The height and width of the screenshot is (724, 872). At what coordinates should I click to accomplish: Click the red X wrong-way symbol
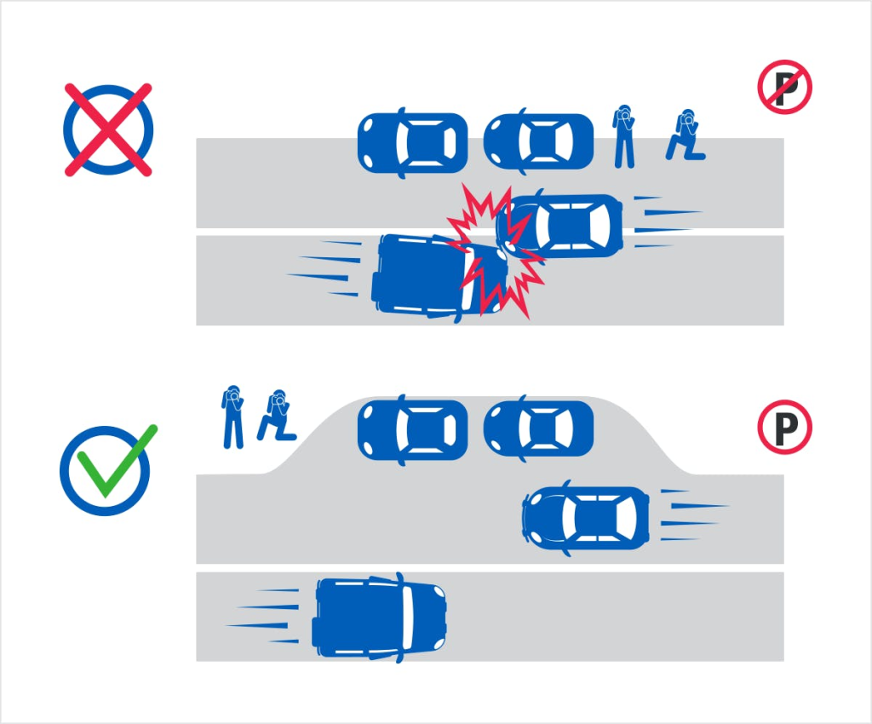(x=108, y=130)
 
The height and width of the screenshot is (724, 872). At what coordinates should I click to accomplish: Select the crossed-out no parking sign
(x=784, y=87)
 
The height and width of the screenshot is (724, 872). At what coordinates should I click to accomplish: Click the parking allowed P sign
(x=784, y=427)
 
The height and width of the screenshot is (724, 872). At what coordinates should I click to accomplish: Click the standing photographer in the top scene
(x=624, y=136)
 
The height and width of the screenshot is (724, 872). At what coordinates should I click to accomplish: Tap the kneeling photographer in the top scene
(x=686, y=135)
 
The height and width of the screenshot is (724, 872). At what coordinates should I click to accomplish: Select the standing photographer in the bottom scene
(x=233, y=417)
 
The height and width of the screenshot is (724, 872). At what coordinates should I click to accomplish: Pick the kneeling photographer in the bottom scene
(x=277, y=416)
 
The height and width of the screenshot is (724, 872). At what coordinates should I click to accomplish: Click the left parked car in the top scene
(x=412, y=143)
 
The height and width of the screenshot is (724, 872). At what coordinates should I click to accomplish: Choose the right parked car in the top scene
(x=538, y=141)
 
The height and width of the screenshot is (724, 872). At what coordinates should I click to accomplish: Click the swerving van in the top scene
(x=439, y=277)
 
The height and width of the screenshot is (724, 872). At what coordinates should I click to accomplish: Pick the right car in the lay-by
(x=538, y=428)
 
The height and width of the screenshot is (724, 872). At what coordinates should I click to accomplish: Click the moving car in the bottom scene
(x=586, y=518)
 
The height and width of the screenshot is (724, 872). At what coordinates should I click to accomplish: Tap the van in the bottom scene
(x=380, y=618)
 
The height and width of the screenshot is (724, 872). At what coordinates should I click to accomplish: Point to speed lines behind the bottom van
(x=262, y=617)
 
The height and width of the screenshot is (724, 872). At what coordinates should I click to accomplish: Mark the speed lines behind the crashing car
(x=668, y=221)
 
